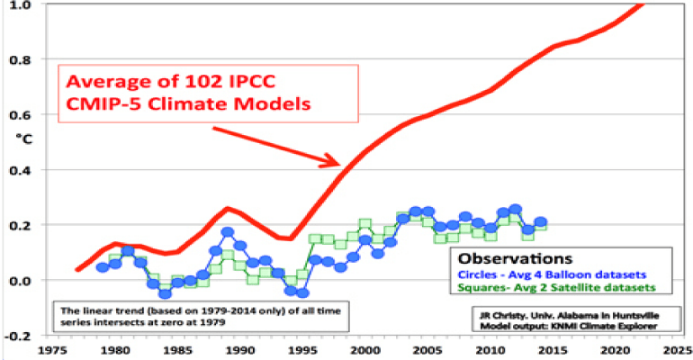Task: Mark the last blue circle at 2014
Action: click(x=540, y=222)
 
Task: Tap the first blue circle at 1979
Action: click(x=102, y=267)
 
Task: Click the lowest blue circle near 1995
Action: click(x=303, y=292)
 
